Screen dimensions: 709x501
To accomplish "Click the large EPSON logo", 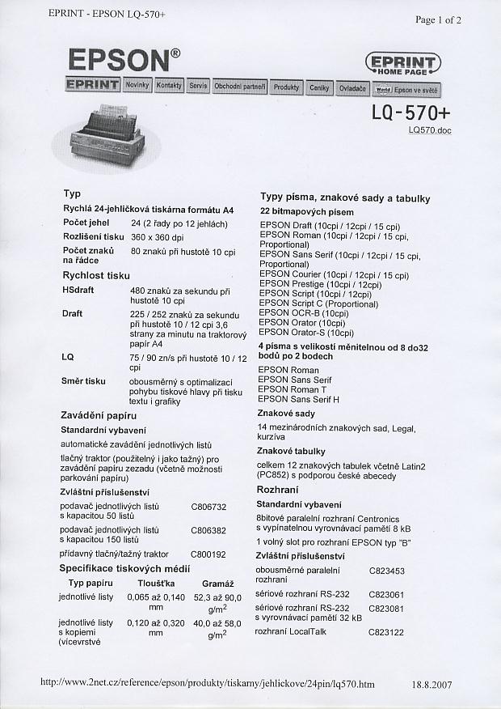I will point(124,61).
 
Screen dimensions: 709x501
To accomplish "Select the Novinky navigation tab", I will point(137,85).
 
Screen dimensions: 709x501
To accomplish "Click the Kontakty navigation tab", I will point(169,85).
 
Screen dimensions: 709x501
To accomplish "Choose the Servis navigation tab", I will point(198,85).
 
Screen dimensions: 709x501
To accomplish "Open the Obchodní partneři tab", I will point(240,86).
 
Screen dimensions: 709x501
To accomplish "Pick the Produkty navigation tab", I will point(286,87).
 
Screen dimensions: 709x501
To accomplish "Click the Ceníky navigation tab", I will point(319,87).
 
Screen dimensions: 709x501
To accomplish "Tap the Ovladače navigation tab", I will point(352,87).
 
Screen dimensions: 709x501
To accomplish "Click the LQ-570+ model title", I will point(410,112).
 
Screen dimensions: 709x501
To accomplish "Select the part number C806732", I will point(208,507).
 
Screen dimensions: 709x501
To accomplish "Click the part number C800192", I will point(208,554).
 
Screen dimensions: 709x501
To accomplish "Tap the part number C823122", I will point(386,631).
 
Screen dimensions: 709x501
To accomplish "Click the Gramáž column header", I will point(217,584).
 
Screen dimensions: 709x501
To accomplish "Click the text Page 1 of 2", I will point(438,20).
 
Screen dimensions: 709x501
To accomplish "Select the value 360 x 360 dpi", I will point(158,237).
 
